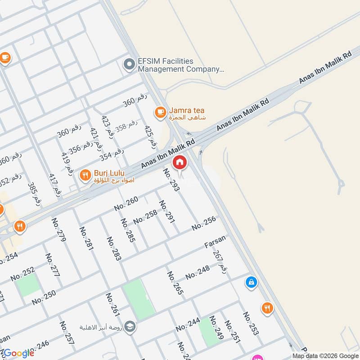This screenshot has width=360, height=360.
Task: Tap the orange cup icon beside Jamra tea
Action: click(160, 112)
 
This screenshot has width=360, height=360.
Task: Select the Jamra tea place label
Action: click(187, 113)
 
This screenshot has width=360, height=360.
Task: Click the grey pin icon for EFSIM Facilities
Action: click(130, 65)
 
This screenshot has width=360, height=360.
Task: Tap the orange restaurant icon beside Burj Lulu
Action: click(85, 175)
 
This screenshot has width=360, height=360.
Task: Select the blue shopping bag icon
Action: click(251, 283)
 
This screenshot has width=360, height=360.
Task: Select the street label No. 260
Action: click(126, 204)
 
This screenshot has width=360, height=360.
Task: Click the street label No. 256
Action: click(203, 223)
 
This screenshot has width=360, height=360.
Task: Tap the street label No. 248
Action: click(198, 272)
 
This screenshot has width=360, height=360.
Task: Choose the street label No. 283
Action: click(114, 248)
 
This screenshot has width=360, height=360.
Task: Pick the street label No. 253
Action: click(251, 324)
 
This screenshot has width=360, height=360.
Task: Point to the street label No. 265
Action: click(175, 283)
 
